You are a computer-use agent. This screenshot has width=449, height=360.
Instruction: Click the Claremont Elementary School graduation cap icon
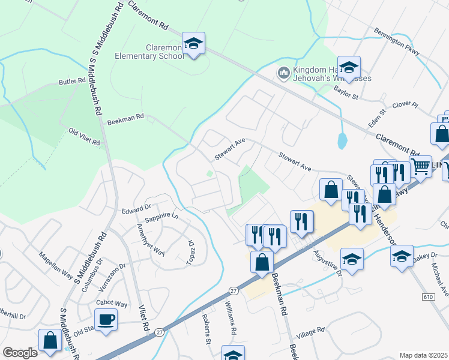193,44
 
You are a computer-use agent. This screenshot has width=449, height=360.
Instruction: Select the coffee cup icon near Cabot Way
106,319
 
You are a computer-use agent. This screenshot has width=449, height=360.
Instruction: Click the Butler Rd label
73,82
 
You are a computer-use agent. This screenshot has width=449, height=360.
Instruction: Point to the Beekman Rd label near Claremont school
126,119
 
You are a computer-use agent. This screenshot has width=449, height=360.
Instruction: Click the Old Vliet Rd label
83,136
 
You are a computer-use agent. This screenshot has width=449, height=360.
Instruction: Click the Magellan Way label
56,267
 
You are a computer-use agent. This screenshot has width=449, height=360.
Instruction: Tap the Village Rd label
312,330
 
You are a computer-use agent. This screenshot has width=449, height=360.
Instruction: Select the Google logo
20,353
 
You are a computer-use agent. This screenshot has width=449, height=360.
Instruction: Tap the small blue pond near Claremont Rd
342,142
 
